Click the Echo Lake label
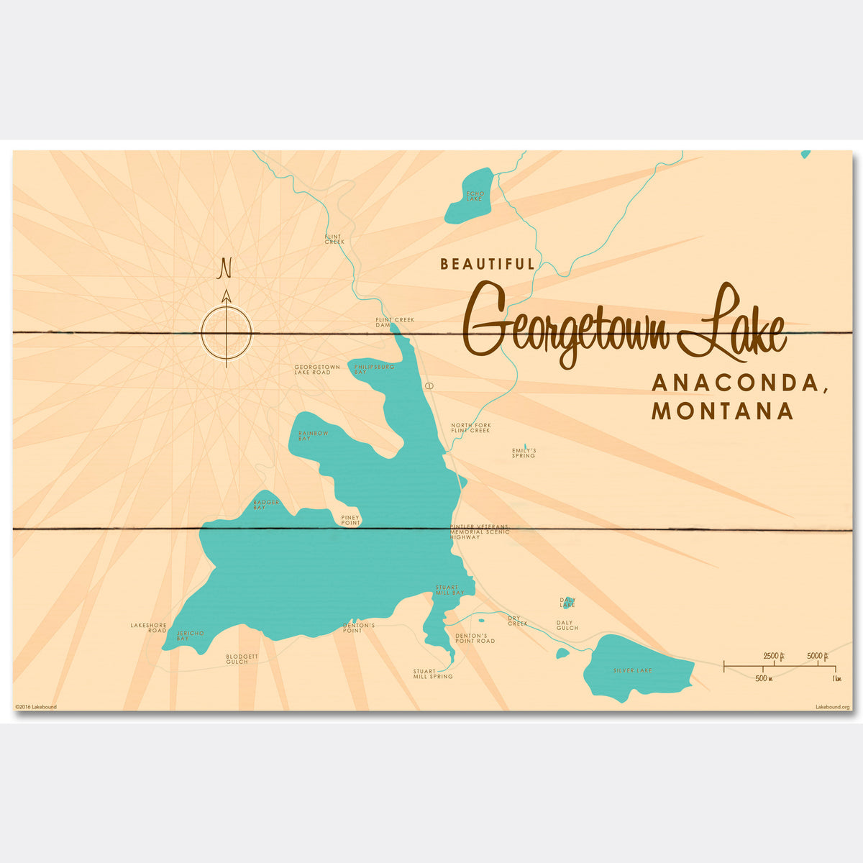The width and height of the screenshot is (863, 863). [475, 196]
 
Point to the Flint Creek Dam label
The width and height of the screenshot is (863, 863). [395, 322]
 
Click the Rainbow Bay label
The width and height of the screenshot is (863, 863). [314, 435]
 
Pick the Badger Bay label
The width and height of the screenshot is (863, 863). [266, 505]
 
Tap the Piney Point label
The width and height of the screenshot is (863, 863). [350, 520]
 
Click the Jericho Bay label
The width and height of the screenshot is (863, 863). [190, 636]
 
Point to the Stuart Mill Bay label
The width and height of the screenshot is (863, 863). [449, 590]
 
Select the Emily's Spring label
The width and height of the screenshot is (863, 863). [524, 453]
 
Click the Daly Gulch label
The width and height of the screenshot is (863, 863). [567, 625]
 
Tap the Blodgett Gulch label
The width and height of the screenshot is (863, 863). [237, 659]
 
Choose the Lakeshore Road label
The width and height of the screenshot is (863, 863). [148, 628]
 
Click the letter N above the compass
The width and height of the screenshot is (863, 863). [225, 268]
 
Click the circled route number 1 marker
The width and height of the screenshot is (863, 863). [429, 386]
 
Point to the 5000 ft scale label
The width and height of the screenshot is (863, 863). [818, 655]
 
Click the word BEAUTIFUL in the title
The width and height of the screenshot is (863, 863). [488, 265]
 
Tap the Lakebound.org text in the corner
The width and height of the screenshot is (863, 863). [832, 707]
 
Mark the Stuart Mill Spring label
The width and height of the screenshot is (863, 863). [433, 674]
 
